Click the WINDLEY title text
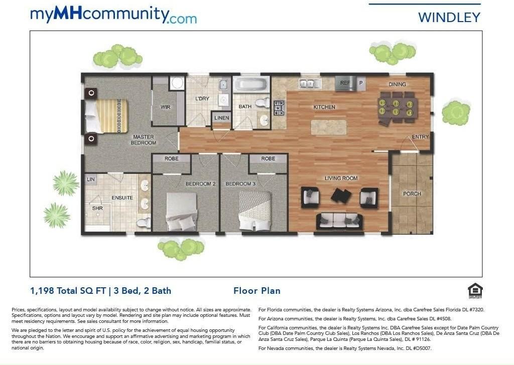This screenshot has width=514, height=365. pyautogui.click(x=449, y=18)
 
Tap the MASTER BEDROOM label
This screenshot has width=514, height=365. pyautogui.click(x=143, y=140)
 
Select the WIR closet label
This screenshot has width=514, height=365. pyautogui.click(x=165, y=107)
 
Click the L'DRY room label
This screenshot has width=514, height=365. pyautogui.click(x=202, y=99)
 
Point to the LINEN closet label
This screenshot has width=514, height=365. pyautogui.click(x=221, y=118)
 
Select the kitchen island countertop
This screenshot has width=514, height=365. pyautogui.click(x=329, y=127)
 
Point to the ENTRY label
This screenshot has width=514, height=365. pyautogui.click(x=420, y=137)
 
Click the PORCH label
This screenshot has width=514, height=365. pyautogui.click(x=412, y=194)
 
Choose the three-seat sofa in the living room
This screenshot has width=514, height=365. pyautogui.click(x=339, y=221)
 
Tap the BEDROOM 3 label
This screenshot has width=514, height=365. pyautogui.click(x=240, y=184)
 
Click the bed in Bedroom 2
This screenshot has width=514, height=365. pyautogui.click(x=181, y=212)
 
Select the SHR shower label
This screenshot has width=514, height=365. pyautogui.click(x=97, y=208)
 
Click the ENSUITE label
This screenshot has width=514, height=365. pyautogui.click(x=122, y=198)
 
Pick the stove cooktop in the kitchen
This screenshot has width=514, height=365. pyautogui.click(x=279, y=108)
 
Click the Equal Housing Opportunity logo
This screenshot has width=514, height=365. pyautogui.click(x=475, y=291)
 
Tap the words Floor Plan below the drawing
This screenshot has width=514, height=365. pyautogui.click(x=257, y=291)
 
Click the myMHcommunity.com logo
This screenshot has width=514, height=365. pyautogui.click(x=113, y=15)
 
